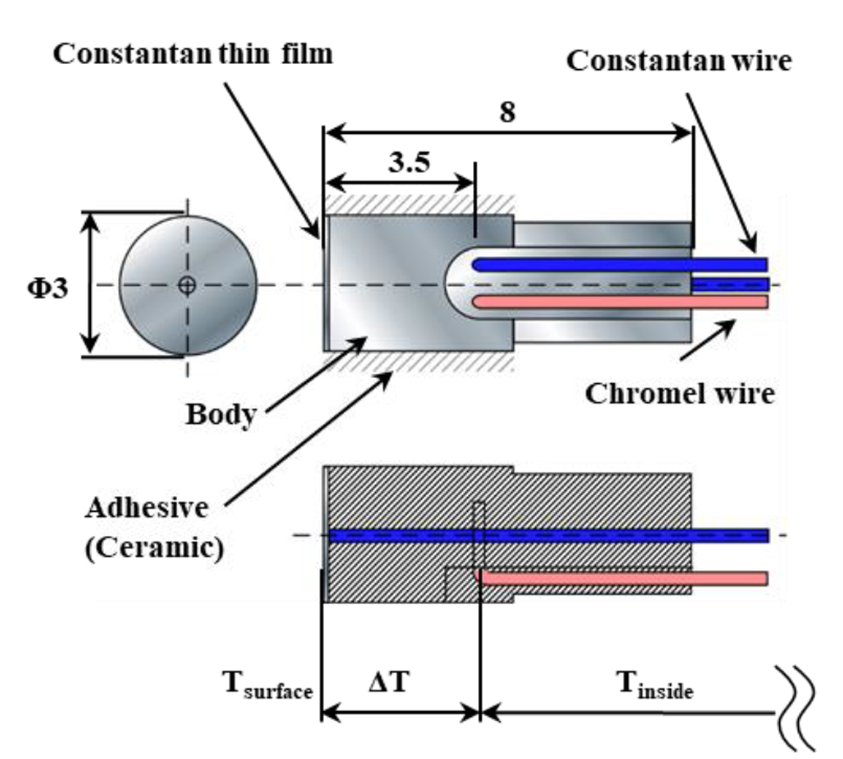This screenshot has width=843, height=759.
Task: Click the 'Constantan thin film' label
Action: pyautogui.click(x=193, y=54)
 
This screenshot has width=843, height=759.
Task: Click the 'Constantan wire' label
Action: pyautogui.click(x=679, y=61)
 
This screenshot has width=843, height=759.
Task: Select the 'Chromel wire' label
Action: pyautogui.click(x=679, y=393)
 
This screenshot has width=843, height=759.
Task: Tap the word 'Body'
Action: pyautogui.click(x=221, y=414)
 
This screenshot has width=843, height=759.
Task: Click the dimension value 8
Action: pyautogui.click(x=506, y=113)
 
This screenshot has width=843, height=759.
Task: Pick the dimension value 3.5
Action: pyautogui.click(x=407, y=162)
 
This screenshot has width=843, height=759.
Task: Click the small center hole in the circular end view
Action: pyautogui.click(x=187, y=285)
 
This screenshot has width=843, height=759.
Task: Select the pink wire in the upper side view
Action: pyautogui.click(x=620, y=302)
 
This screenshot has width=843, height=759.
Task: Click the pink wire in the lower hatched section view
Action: pyautogui.click(x=624, y=578)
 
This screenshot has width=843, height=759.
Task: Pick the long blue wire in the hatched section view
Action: pyautogui.click(x=548, y=536)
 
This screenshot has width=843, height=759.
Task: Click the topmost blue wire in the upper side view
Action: pyautogui.click(x=620, y=265)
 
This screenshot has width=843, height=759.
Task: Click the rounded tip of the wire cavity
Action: pyautogui.click(x=451, y=284)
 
